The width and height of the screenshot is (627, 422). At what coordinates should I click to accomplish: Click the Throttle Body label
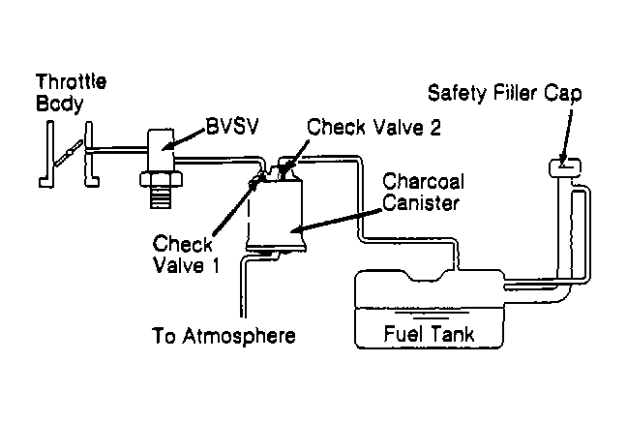click(x=72, y=92)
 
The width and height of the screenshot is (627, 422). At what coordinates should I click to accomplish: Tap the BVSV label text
click(x=233, y=126)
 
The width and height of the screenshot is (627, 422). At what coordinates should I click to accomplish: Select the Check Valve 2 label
click(x=373, y=127)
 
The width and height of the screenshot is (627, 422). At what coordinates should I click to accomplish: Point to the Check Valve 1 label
click(x=187, y=255)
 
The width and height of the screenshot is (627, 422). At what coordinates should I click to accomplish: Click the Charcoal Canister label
click(x=423, y=192)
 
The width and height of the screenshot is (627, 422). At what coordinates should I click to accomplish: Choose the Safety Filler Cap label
click(x=505, y=93)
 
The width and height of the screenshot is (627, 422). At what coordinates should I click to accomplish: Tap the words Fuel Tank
click(x=429, y=334)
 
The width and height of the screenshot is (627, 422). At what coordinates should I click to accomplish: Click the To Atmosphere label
click(x=224, y=336)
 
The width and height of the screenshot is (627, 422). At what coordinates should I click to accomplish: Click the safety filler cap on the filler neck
click(x=565, y=167)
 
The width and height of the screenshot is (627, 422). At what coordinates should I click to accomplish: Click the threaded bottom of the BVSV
click(x=161, y=197)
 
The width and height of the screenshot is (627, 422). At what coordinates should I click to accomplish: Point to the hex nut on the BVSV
click(x=162, y=179)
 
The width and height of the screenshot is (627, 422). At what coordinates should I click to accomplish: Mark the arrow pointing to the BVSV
click(x=186, y=138)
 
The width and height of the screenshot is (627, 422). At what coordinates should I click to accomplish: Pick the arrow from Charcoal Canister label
click(x=335, y=221)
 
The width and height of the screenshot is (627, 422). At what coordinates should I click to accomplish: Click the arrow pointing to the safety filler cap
click(x=566, y=136)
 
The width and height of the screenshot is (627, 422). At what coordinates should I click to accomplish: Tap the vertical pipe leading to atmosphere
click(x=243, y=288)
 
